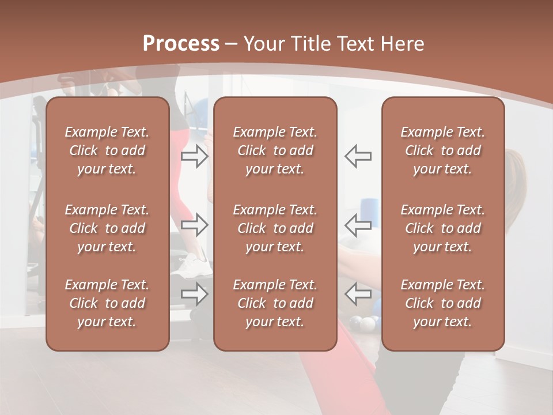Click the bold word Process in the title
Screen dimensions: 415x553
point(181,44)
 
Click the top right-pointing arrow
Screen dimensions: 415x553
point(195,156)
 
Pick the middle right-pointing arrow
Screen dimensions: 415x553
point(195,225)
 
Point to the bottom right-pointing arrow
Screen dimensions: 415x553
point(195,293)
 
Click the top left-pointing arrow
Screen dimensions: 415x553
point(358,156)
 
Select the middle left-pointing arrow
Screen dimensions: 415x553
point(358,225)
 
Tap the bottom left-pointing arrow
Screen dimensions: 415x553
point(358,293)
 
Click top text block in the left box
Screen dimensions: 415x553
point(107,150)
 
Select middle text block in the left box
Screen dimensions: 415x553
point(107,228)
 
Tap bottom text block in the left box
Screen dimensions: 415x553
point(107,303)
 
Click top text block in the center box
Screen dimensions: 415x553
point(275,150)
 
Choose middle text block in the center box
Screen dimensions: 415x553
point(275,228)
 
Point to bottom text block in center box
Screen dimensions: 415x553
point(275,303)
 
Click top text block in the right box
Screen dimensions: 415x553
point(442,150)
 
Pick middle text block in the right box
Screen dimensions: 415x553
point(442,228)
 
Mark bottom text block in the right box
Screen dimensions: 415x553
point(442,303)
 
